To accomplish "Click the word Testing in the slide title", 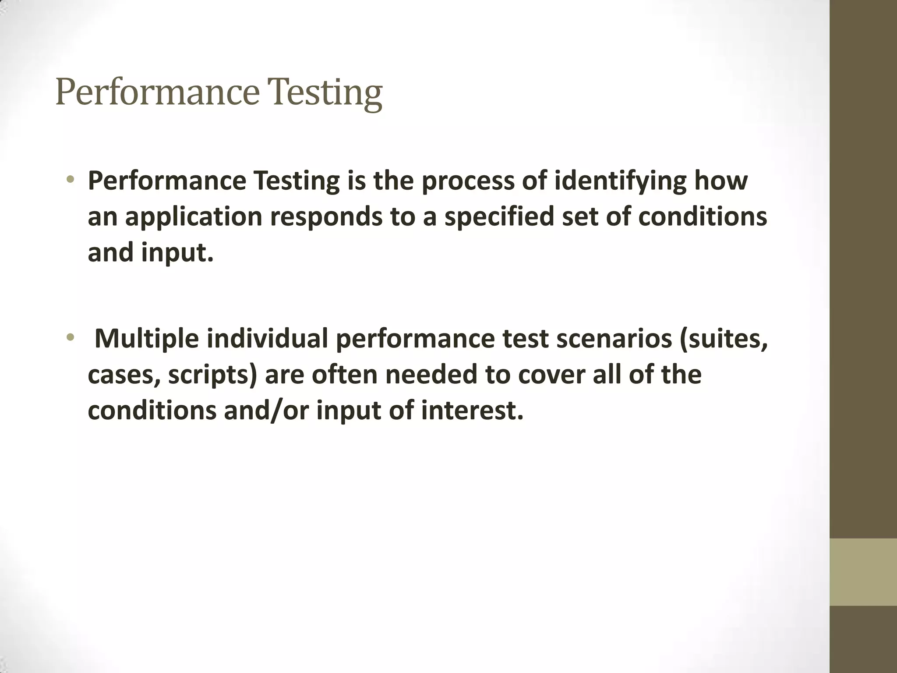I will [x=327, y=93].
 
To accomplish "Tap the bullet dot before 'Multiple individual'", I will [x=71, y=337].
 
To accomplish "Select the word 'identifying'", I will [x=620, y=181].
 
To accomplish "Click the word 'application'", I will [x=194, y=217].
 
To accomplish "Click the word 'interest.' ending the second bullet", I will [x=473, y=411].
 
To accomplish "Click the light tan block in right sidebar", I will [x=863, y=572].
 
